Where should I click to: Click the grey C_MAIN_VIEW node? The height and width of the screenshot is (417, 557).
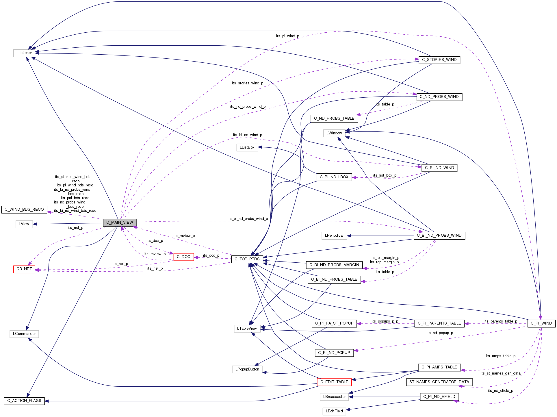pos(120,223)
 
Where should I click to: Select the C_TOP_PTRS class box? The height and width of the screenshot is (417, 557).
pos(247,259)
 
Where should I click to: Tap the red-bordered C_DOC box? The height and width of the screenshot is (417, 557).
pos(183,257)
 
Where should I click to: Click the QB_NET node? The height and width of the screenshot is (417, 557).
pos(24,269)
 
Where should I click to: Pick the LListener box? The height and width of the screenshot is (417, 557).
pos(24,53)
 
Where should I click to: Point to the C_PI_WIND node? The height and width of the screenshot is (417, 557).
pos(541,323)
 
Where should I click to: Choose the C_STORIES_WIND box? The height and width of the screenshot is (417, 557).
pos(439,60)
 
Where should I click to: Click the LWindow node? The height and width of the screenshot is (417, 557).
pos(334,133)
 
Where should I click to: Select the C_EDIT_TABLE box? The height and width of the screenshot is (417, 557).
pos(334,382)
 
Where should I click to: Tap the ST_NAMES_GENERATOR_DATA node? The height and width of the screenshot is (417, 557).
pos(439,382)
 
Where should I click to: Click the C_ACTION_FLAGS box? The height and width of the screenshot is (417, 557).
pos(24,401)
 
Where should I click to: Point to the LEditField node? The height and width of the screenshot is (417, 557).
pos(334,411)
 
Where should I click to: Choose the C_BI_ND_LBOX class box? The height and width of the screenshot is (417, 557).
pos(334,177)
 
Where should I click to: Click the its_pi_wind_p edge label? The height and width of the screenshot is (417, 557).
pos(287,36)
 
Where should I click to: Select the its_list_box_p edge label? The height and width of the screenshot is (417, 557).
pos(385,175)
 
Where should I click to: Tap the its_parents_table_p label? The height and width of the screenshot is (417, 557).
pos(501,321)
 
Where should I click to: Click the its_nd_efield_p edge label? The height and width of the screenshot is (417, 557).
pos(500,391)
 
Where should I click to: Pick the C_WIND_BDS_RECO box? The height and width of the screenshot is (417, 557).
pos(24,210)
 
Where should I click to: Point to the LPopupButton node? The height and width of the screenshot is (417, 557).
pos(247,369)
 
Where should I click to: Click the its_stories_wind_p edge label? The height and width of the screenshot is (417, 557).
pos(247,83)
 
